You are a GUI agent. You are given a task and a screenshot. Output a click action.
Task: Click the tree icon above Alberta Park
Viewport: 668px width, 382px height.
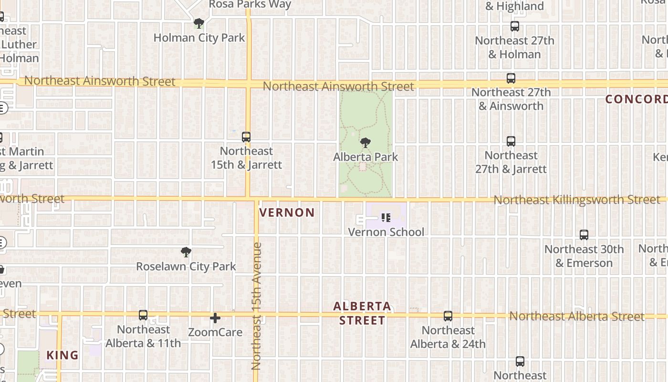click(365, 142)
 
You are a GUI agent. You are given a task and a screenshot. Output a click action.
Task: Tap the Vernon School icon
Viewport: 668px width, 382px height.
click(386, 218)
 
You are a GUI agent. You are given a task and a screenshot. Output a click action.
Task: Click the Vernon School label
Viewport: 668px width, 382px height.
click(386, 232)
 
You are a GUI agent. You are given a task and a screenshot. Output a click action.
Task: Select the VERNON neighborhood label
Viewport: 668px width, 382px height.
click(287, 212)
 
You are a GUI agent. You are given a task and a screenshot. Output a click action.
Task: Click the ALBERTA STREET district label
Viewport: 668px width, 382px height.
click(362, 313)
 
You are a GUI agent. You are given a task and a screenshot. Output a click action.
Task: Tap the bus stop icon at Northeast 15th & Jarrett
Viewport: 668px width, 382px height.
click(246, 137)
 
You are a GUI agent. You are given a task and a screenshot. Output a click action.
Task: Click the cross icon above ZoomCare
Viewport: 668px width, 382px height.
click(215, 318)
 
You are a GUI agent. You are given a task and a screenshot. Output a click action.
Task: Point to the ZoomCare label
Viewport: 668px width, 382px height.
click(215, 332)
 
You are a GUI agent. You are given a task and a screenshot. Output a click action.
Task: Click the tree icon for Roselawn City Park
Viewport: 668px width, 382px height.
click(186, 252)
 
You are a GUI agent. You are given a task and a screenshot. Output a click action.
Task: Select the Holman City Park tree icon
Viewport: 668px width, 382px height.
click(199, 23)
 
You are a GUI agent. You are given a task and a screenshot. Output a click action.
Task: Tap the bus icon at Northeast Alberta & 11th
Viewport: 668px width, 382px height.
click(143, 315)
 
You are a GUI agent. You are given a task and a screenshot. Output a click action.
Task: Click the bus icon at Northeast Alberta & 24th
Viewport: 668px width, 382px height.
click(448, 316)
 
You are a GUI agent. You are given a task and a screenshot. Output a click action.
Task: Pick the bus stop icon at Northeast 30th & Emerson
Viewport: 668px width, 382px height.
click(584, 235)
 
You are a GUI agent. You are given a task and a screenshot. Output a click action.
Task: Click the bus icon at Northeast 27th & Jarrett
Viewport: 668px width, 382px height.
click(511, 141)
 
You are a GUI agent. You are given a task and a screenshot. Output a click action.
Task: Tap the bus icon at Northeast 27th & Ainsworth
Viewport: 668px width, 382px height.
click(511, 78)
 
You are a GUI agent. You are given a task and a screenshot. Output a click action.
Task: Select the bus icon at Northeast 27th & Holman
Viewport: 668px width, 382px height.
click(515, 26)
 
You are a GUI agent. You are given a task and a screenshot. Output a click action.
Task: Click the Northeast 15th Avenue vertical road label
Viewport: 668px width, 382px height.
click(256, 306)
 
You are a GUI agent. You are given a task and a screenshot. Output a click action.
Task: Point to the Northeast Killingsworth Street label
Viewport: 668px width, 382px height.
click(576, 200)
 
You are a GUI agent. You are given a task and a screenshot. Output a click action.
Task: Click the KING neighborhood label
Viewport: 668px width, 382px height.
click(63, 355)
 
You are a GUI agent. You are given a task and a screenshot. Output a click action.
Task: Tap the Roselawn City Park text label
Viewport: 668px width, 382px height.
click(186, 266)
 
